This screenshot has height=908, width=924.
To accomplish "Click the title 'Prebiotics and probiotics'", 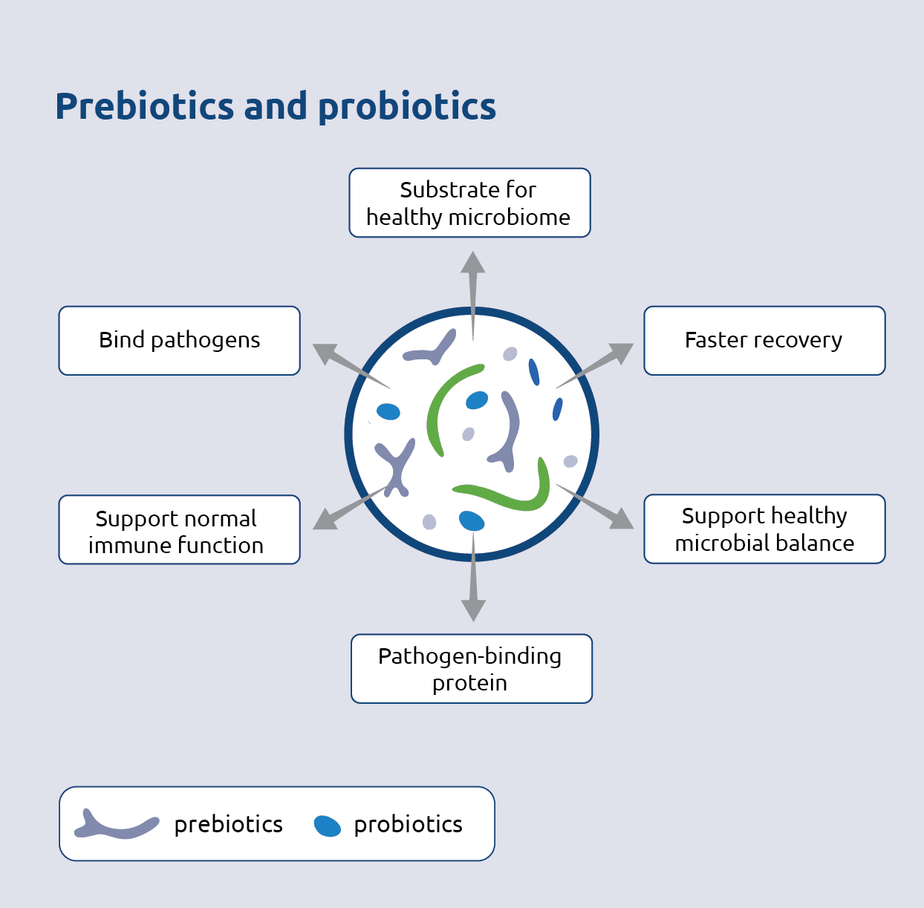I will pyautogui.click(x=276, y=106).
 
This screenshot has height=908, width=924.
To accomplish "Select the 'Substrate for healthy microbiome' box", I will pyautogui.click(x=469, y=203).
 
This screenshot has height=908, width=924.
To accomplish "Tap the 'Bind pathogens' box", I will pyautogui.click(x=180, y=340).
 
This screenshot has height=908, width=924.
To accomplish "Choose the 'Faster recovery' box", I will pyautogui.click(x=764, y=340).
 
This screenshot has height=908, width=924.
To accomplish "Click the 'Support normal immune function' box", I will pyautogui.click(x=180, y=530).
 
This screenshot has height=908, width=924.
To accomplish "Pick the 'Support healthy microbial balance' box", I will pyautogui.click(x=764, y=529).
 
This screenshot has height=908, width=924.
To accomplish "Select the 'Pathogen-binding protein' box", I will pyautogui.click(x=471, y=668).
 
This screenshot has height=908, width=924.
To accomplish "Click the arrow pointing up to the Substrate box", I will pyautogui.click(x=472, y=286).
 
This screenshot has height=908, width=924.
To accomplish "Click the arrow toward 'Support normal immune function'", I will pyautogui.click(x=345, y=509).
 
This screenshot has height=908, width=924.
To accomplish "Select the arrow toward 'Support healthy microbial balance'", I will pyautogui.click(x=600, y=508).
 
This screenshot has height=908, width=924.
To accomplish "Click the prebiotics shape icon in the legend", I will pyautogui.click(x=115, y=825).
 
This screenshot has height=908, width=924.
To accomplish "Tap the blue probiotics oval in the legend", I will pyautogui.click(x=327, y=826).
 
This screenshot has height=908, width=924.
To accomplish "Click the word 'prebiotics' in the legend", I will pyautogui.click(x=228, y=825).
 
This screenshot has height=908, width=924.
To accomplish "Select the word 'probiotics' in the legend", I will pyautogui.click(x=408, y=825).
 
